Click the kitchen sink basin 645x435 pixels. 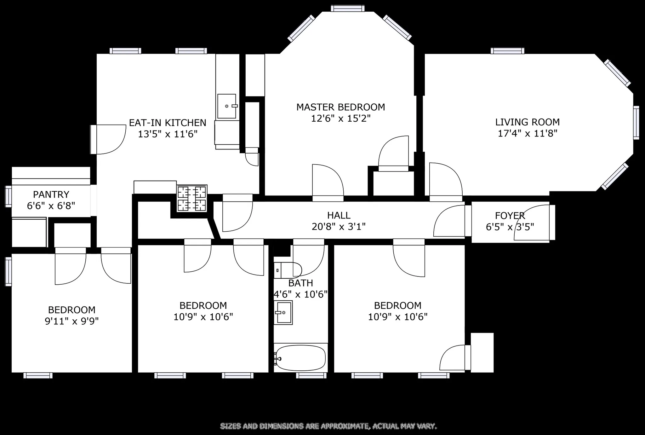coord(226,106)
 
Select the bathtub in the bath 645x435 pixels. coord(300,358)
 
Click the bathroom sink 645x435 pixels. coord(283,312)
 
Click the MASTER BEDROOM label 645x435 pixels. coord(340,107)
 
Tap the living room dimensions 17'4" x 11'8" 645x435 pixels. coord(527,133)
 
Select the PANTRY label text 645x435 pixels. coord(51,194)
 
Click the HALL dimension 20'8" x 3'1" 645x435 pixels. coord(339,227)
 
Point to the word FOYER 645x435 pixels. coord(510,216)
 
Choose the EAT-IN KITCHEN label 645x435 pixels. coord(168,123)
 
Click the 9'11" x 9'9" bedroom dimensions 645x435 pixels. coord(71,321)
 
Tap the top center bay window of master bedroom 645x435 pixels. coord(348,9)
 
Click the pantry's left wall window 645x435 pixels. coord(9,196)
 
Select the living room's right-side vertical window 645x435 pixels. coord(636,123)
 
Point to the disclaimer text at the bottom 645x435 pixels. coord(328,426)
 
